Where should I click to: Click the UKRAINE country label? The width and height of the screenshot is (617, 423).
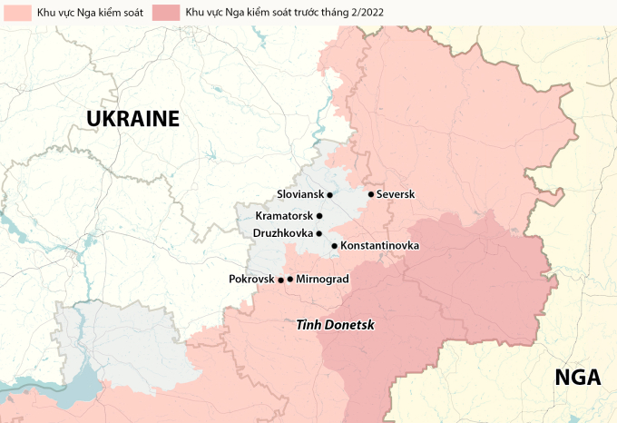point(132,119)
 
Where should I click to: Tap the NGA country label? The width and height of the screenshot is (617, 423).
point(578,378)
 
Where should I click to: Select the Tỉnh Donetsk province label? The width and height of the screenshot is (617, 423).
point(335,324)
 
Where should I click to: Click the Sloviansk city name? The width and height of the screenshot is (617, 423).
point(299,194)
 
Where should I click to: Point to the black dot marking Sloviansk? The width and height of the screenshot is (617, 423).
point(330,194)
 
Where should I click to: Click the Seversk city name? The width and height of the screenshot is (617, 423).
point(395,194)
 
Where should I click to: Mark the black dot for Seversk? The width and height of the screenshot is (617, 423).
point(370,193)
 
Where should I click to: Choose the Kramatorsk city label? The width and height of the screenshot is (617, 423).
point(284,216)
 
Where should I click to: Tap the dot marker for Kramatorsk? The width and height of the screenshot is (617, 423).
point(319,216)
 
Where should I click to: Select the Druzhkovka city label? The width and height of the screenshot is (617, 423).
point(283,233)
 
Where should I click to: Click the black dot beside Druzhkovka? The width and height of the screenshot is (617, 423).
point(319,233)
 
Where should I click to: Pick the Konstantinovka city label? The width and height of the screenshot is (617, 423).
point(379,246)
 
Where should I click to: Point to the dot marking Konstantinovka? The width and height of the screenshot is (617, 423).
point(334,246)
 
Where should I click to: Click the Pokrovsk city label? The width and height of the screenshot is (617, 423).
point(251,279)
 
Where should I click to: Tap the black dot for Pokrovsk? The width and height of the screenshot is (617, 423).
point(280,279)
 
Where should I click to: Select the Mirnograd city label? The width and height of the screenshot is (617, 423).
point(322,279)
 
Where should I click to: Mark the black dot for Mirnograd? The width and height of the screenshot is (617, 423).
point(289,279)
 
